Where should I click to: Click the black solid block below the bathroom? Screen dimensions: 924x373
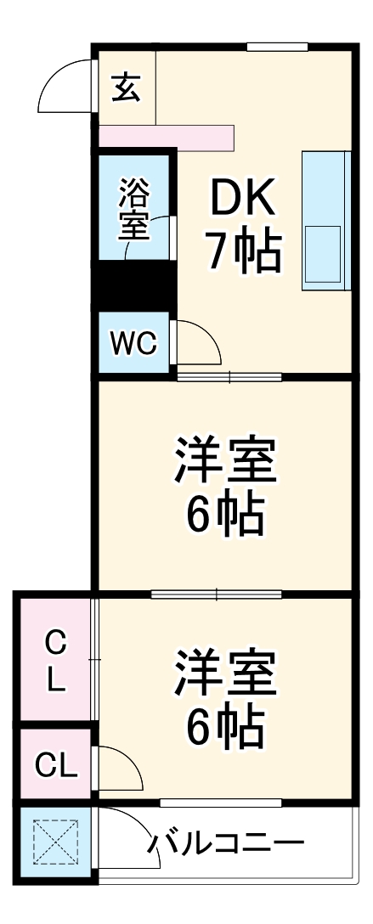click(136, 287)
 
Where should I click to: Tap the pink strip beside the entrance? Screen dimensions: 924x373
click(167, 137)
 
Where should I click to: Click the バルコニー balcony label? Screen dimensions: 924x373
click(227, 844)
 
